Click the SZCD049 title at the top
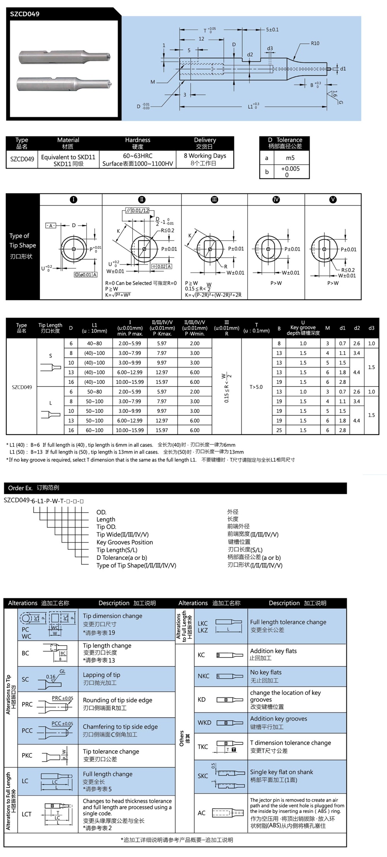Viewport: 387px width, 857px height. pos(25,14)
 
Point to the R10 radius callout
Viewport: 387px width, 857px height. pos(315,43)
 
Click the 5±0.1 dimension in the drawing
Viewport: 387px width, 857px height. pos(272,29)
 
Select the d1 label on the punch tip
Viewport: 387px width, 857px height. pos(343,69)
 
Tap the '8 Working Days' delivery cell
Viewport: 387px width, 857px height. pos(205,156)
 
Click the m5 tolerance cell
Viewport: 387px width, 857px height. pos(290,158)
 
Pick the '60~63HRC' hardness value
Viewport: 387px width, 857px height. pos(137,156)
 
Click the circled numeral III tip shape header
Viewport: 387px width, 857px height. pos(214,199)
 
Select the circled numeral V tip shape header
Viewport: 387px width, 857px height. pos(333,199)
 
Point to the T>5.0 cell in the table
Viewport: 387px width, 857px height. pos(256,387)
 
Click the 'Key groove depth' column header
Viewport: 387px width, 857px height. pos(303,328)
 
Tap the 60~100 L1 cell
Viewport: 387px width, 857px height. pos(94,430)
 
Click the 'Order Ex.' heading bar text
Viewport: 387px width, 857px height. pos(34,488)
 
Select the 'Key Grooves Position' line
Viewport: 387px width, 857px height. pos(125,542)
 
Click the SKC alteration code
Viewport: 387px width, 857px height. pos(203,776)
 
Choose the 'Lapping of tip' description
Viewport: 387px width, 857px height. pos(101,675)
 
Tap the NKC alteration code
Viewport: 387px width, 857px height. pos(203,676)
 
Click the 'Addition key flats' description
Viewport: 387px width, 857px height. pos(273,651)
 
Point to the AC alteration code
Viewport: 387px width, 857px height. pos(202,813)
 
